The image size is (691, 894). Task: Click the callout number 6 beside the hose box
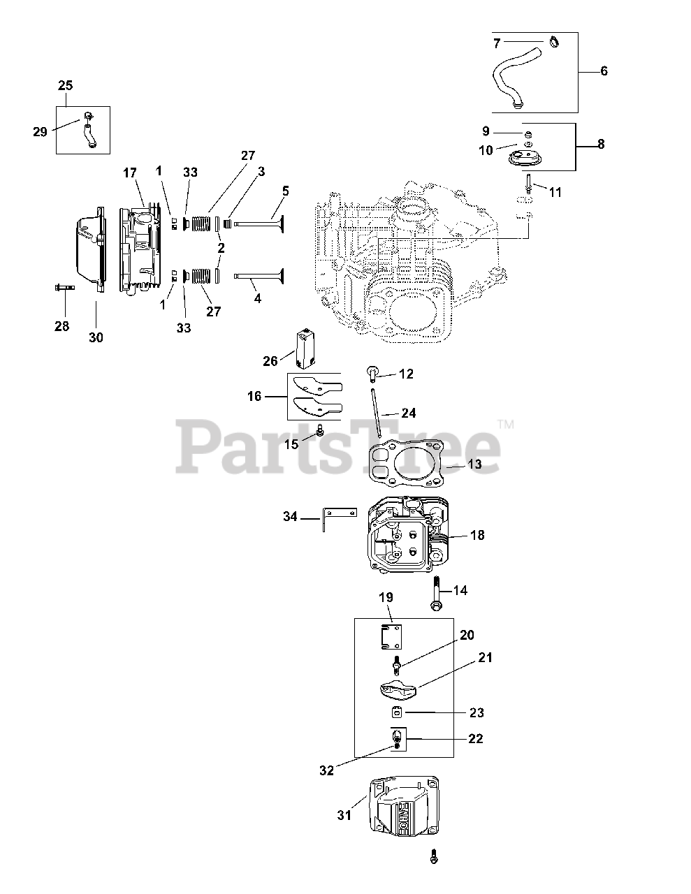(604, 71)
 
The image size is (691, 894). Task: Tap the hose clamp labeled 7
(554, 43)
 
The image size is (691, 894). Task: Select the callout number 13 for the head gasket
(475, 464)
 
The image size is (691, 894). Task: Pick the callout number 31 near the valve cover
(344, 814)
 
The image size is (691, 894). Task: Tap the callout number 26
(270, 360)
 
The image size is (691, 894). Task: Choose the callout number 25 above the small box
(65, 86)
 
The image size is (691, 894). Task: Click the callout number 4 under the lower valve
(258, 298)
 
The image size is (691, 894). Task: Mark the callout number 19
(386, 597)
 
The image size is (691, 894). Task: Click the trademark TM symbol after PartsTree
(505, 423)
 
